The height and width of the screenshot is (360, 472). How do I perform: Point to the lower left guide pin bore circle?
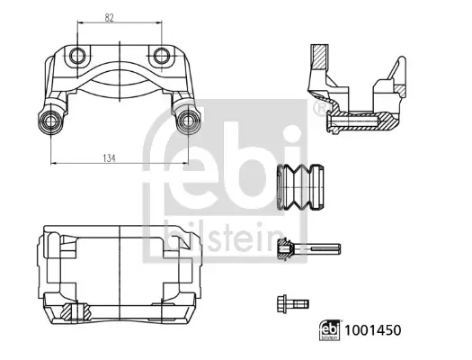[x=50, y=121]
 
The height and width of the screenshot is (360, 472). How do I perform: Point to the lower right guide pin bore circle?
[x=188, y=121]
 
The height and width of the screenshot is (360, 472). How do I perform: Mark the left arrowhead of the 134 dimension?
[x=53, y=164]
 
